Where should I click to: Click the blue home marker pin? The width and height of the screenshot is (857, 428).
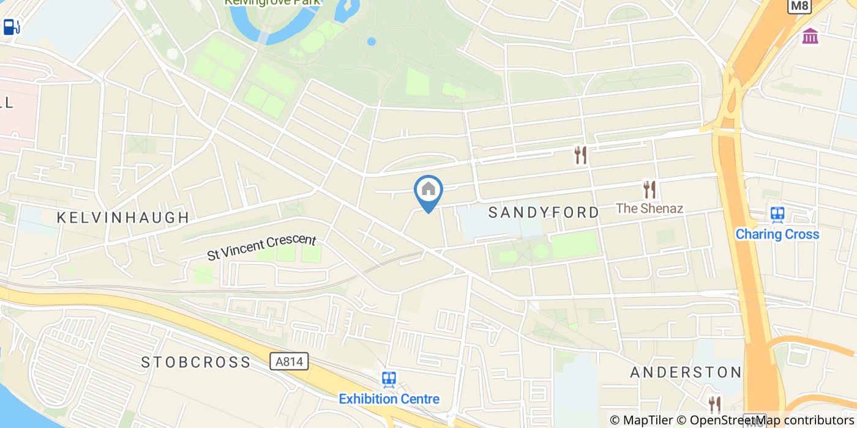[x=428, y=191]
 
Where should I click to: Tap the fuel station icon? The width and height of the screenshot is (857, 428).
[x=12, y=27]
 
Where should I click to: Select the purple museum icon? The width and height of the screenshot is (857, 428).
[x=810, y=36]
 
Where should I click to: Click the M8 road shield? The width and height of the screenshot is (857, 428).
[x=799, y=6]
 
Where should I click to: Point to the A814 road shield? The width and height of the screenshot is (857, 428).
[x=289, y=362]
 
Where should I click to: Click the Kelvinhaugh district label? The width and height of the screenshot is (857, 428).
[x=123, y=218]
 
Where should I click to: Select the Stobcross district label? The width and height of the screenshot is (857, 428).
[x=196, y=362]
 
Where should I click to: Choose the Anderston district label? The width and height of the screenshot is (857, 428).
[x=686, y=372]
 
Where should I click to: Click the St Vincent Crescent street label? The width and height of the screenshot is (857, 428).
[x=261, y=247]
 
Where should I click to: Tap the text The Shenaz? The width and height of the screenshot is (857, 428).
[x=649, y=208]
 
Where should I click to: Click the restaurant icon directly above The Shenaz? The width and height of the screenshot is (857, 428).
[x=649, y=190]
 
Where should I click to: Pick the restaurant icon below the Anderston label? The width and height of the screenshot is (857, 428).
[x=714, y=404]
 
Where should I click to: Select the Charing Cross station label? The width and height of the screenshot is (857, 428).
[x=777, y=234]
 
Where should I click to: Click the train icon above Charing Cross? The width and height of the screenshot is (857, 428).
[x=777, y=214]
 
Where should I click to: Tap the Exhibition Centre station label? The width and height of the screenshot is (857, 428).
[x=389, y=399]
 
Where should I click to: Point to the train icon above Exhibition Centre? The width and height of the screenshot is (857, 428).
[x=389, y=380]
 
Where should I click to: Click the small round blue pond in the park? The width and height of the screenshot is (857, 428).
[x=371, y=42]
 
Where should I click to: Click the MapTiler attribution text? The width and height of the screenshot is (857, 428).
[x=641, y=420]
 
